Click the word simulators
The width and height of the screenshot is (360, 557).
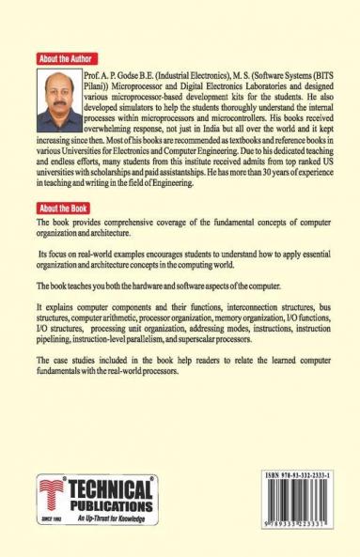tap(133, 106)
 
